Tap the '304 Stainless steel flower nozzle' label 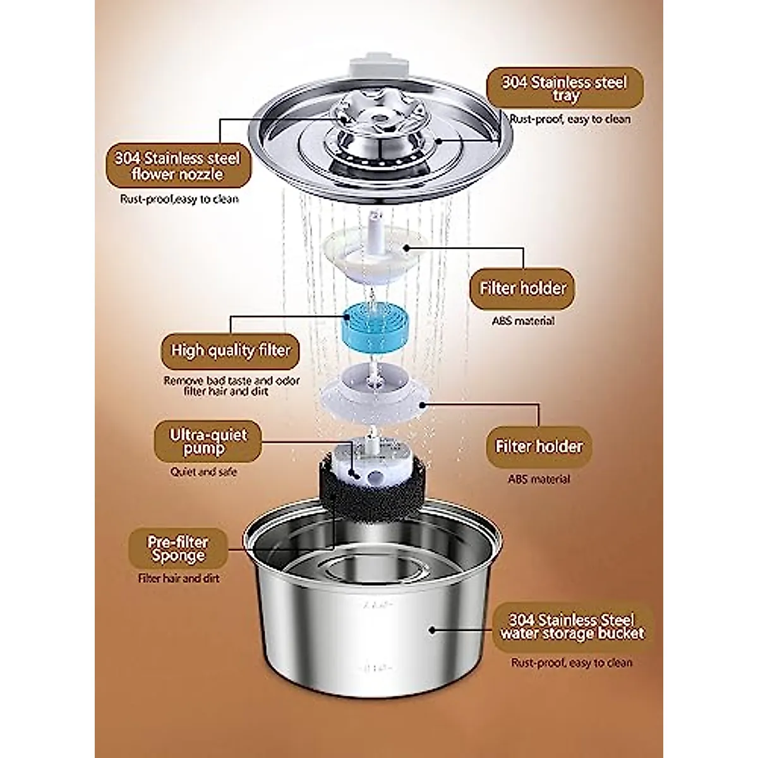click(177, 165)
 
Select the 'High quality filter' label click(230, 351)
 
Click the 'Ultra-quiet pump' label click(208, 442)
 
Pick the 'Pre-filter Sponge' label click(177, 549)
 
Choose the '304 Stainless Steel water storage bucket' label click(572, 627)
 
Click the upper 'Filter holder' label click(523, 288)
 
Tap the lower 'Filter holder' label click(539, 446)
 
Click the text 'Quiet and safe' click(203, 471)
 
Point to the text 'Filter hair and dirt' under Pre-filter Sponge click(179, 578)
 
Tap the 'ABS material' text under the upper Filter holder click(523, 321)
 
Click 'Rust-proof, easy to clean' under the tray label click(570, 119)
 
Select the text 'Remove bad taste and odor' click(232, 381)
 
